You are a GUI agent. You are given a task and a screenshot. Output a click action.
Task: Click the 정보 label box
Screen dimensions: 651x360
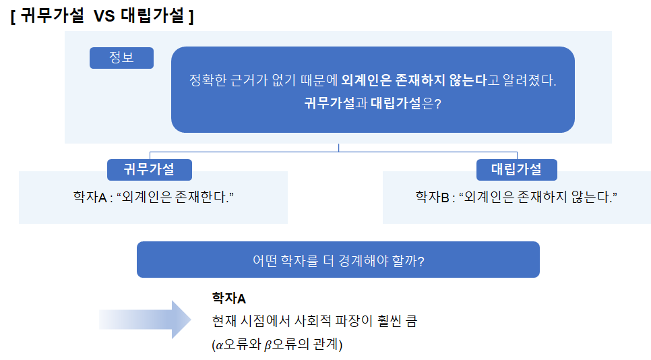point(121,58)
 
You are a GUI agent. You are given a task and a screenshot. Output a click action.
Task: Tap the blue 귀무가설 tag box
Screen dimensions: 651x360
point(149,169)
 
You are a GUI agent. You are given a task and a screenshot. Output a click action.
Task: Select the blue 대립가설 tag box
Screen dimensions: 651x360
point(516,169)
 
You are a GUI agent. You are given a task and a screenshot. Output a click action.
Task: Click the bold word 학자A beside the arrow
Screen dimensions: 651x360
point(229,298)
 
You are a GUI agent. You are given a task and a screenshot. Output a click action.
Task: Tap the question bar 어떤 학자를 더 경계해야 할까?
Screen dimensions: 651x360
point(338,260)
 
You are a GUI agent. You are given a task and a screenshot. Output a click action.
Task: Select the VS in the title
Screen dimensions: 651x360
point(104,16)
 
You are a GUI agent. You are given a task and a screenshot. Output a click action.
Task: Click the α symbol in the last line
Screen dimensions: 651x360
point(219,345)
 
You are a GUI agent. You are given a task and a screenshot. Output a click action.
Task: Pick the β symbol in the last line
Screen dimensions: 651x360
point(268,345)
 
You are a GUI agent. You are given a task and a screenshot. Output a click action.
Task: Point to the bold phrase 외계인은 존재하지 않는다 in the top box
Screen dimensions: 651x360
point(414,80)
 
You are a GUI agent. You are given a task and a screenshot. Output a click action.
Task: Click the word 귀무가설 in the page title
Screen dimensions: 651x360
point(53,16)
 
